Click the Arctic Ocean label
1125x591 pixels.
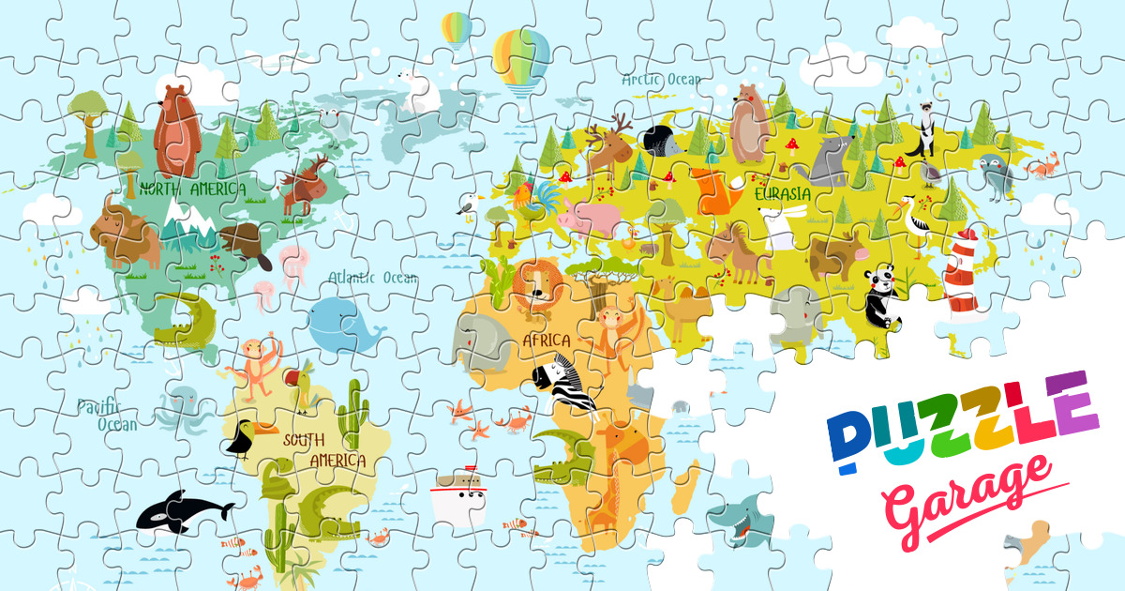(x=661, y=80)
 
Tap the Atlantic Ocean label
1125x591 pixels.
(x=373, y=278)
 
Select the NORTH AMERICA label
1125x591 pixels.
(x=192, y=189)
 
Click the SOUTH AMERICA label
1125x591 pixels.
(x=323, y=450)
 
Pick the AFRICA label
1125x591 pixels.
(x=547, y=339)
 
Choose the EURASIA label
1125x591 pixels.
(x=783, y=194)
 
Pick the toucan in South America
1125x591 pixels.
(x=248, y=435)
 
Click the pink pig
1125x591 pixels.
(x=590, y=221)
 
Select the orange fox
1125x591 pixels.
(x=717, y=192)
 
